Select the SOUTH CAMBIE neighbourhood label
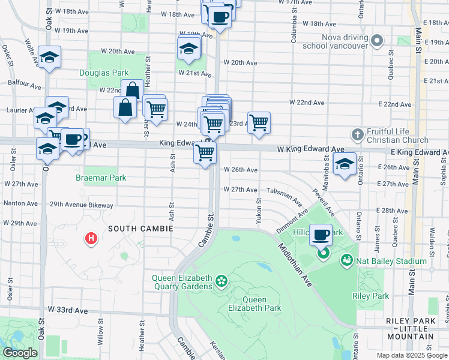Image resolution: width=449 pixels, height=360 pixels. tap(140, 229)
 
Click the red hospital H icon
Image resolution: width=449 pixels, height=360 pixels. tap(91, 239)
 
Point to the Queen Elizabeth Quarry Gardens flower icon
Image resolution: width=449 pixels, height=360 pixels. tap(221, 280)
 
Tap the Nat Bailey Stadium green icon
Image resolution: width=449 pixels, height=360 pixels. tap(346, 260)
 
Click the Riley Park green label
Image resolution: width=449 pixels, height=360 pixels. tap(371, 296)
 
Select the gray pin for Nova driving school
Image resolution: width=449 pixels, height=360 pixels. tap(376, 41)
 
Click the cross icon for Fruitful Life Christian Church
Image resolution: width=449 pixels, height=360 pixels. tap(358, 134)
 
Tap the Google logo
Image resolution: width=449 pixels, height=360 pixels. tap(20, 353)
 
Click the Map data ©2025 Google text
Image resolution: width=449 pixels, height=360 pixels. tap(412, 355)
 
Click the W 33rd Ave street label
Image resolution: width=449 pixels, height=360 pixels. tap(67, 311)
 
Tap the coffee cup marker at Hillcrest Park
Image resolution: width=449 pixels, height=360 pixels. tap(321, 235)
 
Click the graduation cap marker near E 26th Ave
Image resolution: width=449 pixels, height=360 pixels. tap(345, 164)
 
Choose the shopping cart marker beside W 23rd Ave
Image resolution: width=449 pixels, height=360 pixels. tap(259, 123)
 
